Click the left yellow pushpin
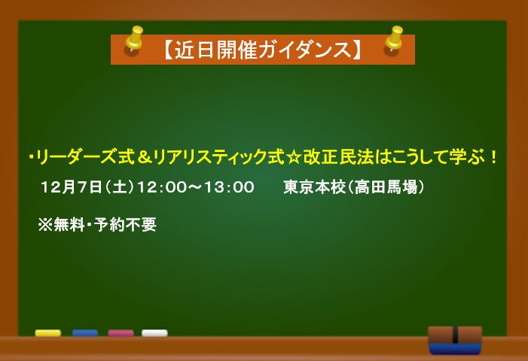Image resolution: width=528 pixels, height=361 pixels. [134, 39]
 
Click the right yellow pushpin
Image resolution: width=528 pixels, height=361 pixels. [393, 39]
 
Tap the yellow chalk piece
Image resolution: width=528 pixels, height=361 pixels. [48, 333]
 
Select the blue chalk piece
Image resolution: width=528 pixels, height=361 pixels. [85, 333]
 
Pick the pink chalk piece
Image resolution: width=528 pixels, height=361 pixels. [121, 333]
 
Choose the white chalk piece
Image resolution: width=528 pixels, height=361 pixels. [154, 333]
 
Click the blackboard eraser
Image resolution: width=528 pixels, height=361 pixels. [455, 340]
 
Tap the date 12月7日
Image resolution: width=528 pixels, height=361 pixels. [72, 187]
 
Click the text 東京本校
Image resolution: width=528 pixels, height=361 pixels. [313, 187]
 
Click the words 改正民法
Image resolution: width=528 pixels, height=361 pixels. [339, 157]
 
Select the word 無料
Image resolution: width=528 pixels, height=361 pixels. [69, 225]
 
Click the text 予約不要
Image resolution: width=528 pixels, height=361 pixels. [125, 225]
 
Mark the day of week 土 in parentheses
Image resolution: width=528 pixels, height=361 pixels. [120, 187]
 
